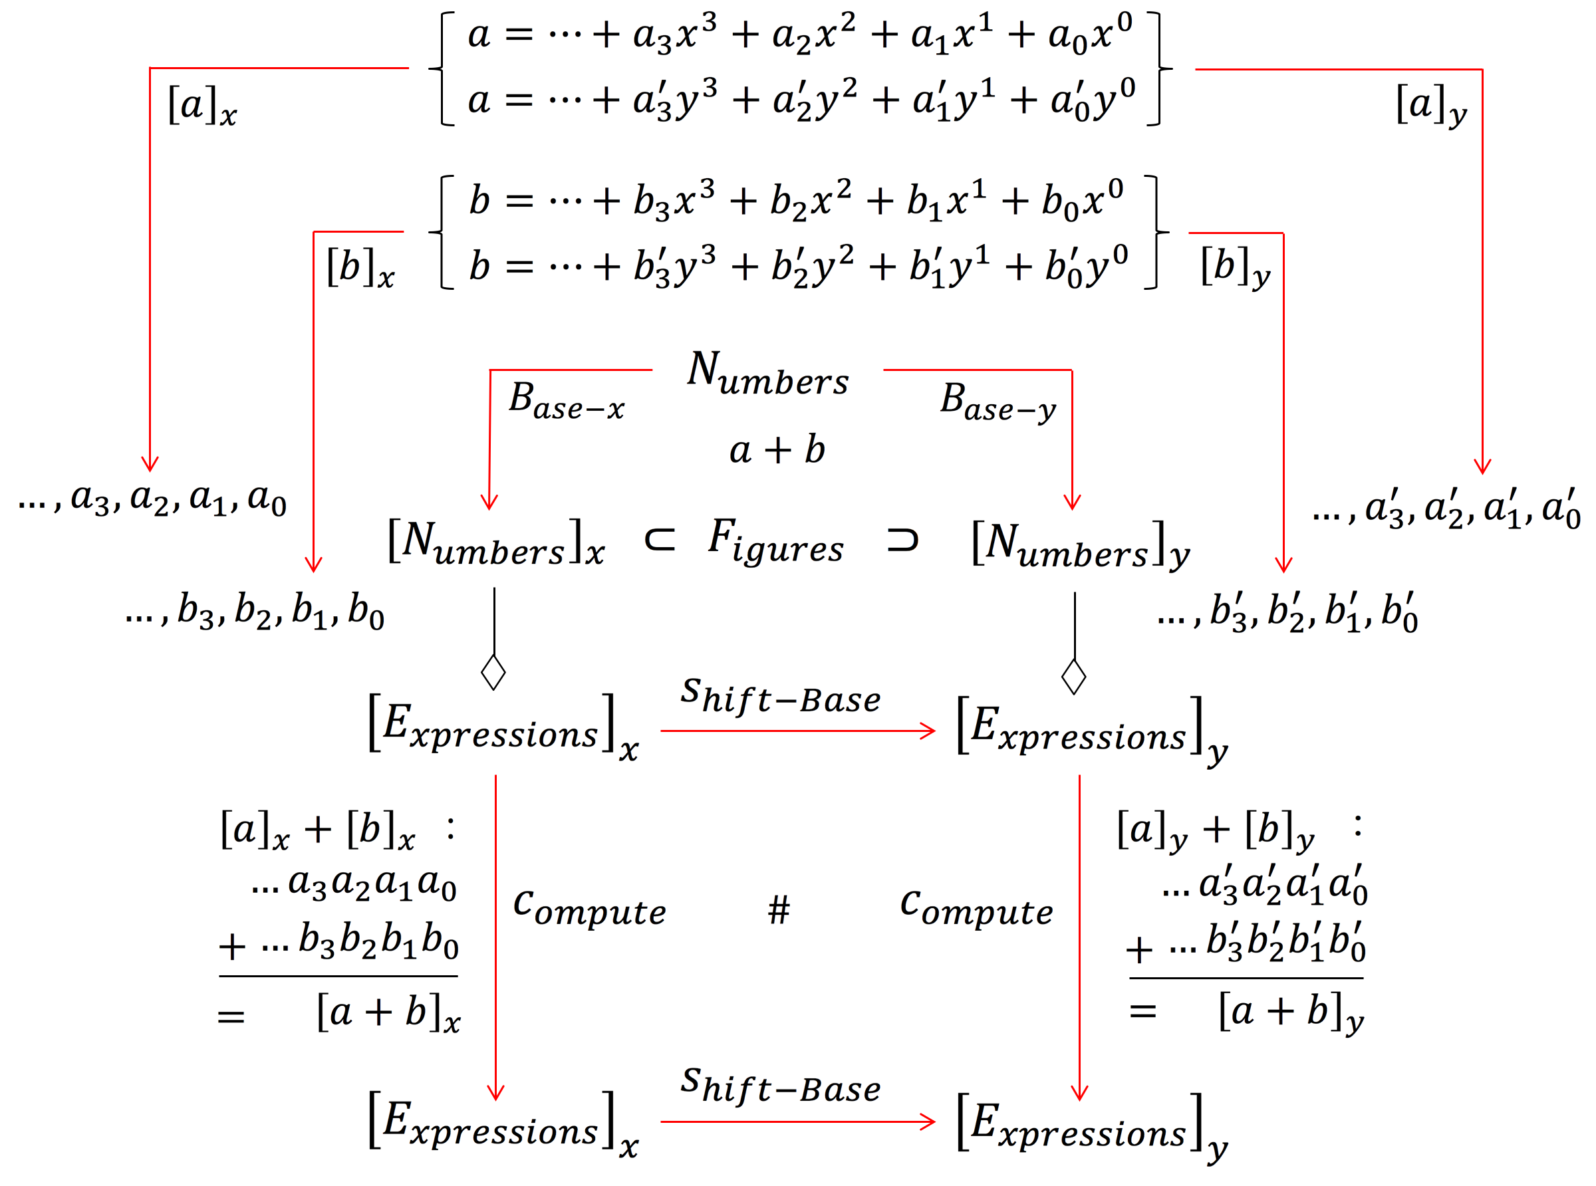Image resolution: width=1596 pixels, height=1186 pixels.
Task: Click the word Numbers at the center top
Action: [x=767, y=374]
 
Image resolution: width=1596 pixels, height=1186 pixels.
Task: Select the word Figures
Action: [x=775, y=542]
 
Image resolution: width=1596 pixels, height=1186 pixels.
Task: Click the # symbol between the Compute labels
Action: [x=778, y=909]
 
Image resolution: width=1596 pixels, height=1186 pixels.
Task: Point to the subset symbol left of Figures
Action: [x=659, y=539]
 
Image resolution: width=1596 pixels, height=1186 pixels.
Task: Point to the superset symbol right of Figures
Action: [x=902, y=539]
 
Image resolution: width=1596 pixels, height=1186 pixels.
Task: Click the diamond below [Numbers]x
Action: [x=493, y=672]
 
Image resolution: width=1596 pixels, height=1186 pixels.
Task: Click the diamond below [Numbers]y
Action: [x=1073, y=676]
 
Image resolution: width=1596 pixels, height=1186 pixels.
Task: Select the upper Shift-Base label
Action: [x=781, y=697]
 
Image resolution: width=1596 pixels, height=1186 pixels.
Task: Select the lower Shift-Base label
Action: [x=781, y=1086]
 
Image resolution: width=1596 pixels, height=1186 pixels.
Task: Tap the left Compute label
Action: [x=589, y=909]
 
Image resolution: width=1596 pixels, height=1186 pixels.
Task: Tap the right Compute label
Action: [x=976, y=909]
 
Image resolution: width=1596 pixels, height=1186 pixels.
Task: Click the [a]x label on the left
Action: [x=201, y=106]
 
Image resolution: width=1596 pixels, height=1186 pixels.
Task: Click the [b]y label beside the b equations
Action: [x=1235, y=268]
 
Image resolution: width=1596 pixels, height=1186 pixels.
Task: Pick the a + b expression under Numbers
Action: [x=777, y=450]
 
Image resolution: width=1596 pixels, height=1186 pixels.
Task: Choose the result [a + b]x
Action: [x=388, y=1013]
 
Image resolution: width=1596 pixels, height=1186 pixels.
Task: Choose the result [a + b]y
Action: [x=1290, y=1013]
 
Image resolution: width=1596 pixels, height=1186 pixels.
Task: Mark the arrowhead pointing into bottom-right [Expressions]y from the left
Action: [x=929, y=1122]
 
